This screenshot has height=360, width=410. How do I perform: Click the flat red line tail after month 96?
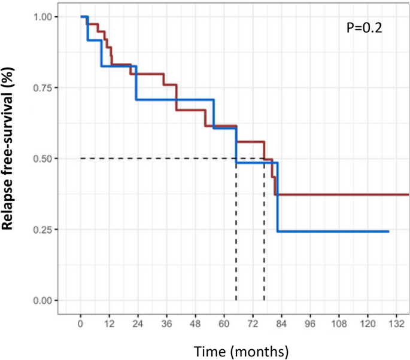point(359,194)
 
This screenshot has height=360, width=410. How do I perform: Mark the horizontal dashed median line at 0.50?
point(156,158)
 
